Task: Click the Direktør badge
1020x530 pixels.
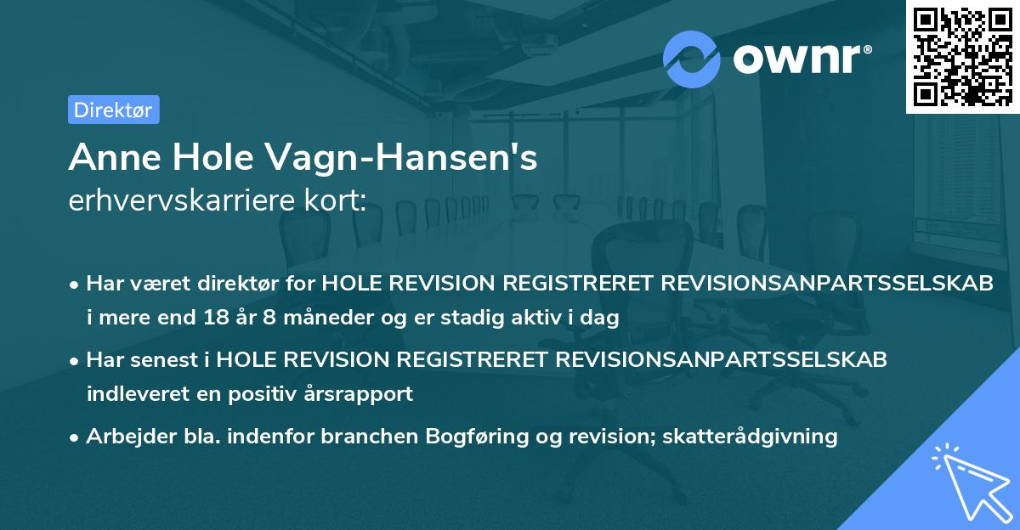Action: click(113, 110)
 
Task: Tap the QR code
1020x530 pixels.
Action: click(961, 56)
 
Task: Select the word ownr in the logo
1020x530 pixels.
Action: click(802, 58)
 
